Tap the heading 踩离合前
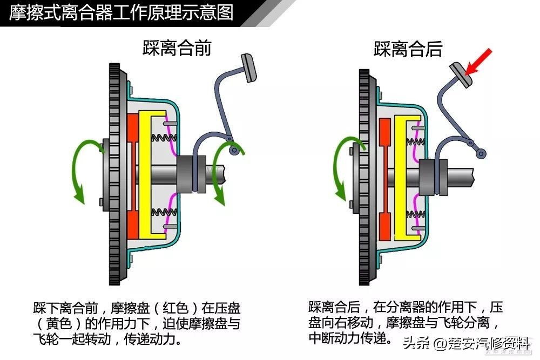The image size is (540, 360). point(177,48)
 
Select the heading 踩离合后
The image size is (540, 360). point(408,49)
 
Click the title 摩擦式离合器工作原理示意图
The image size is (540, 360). point(122,12)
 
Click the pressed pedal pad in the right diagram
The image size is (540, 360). point(460,73)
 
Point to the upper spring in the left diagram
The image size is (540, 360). point(162,138)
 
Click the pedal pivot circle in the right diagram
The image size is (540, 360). point(480,154)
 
